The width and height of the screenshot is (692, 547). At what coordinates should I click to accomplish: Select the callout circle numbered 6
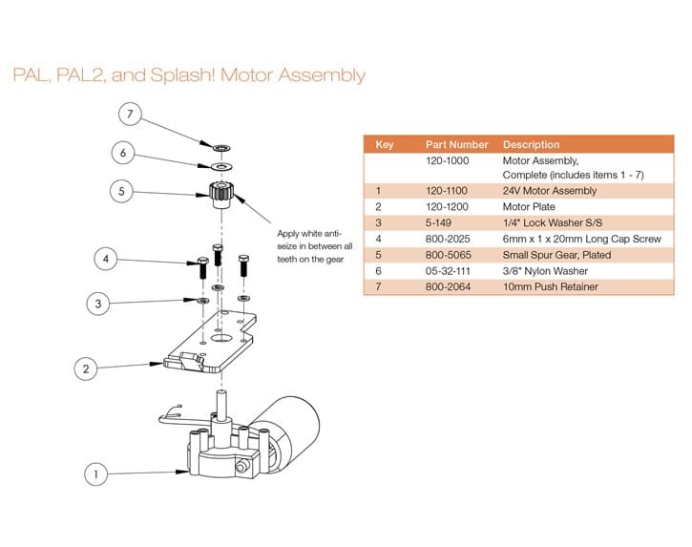pyautogui.click(x=121, y=153)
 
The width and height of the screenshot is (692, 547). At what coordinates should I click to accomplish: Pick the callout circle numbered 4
pyautogui.click(x=108, y=258)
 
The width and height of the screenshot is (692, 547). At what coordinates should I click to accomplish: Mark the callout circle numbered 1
pyautogui.click(x=94, y=472)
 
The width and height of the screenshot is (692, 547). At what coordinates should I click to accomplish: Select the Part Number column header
pyautogui.click(x=456, y=144)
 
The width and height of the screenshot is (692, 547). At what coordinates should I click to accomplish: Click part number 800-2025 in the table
pyautogui.click(x=447, y=239)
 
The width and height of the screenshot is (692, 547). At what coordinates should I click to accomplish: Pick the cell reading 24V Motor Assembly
pyautogui.click(x=550, y=191)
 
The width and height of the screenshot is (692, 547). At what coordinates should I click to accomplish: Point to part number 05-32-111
pyautogui.click(x=447, y=270)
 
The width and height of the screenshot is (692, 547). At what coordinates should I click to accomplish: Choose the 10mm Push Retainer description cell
pyautogui.click(x=551, y=286)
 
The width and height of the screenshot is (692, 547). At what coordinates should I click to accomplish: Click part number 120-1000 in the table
pyautogui.click(x=447, y=160)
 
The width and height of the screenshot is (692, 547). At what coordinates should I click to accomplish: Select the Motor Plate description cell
pyautogui.click(x=532, y=207)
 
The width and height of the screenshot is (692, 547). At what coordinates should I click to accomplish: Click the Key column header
pyautogui.click(x=386, y=144)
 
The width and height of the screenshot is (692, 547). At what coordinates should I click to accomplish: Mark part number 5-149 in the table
pyautogui.click(x=438, y=222)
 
